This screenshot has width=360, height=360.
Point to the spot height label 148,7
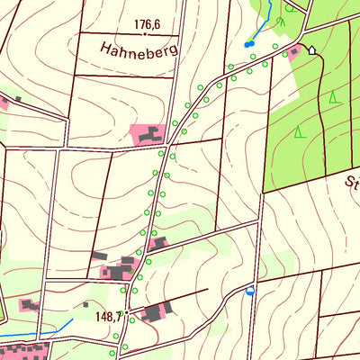pyautogui.click(x=107, y=317)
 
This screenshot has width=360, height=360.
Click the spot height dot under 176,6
pyautogui.click(x=145, y=33)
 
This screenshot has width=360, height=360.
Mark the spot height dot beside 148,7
pyautogui.click(x=129, y=317)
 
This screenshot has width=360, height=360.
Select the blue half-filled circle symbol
pyautogui.click(x=250, y=291)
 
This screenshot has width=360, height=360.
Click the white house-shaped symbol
pyautogui.click(x=312, y=49)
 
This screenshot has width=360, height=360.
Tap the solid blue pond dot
pyautogui.click(x=248, y=43)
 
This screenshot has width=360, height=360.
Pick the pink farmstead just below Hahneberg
pyautogui.click(x=149, y=136)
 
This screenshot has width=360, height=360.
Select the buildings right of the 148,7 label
pyautogui.click(x=155, y=311)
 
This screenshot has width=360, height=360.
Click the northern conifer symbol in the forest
pyautogui.click(x=334, y=96)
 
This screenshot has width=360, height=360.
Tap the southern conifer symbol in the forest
pyautogui.click(x=299, y=131)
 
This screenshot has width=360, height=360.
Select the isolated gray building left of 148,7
pyautogui.click(x=85, y=304)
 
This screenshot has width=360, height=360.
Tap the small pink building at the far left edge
pyautogui.click(x=4, y=103)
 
